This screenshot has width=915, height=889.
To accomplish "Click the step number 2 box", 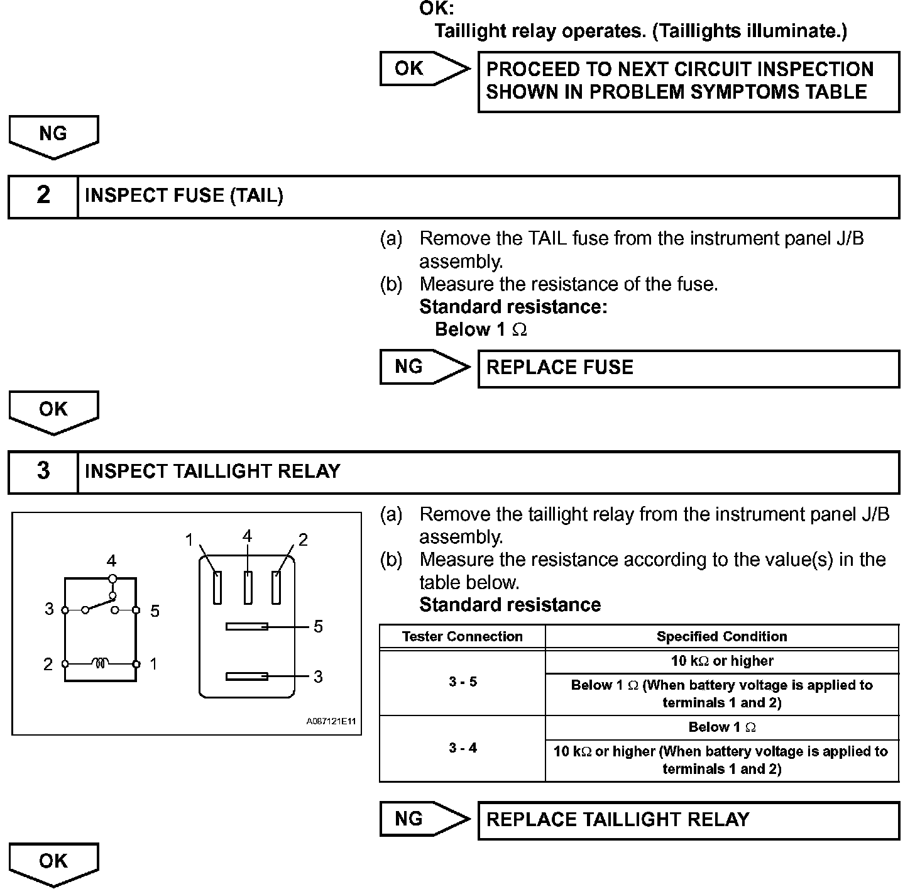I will click(x=43, y=196).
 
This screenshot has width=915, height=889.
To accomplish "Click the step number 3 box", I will click(x=43, y=472).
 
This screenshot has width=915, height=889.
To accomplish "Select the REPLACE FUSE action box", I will click(x=688, y=368).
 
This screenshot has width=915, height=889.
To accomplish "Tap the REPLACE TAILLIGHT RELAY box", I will click(x=688, y=820).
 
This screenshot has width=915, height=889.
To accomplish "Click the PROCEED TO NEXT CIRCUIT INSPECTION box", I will click(x=688, y=81).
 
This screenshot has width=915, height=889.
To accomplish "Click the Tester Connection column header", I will click(x=463, y=636).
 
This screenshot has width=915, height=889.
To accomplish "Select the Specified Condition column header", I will click(x=721, y=636).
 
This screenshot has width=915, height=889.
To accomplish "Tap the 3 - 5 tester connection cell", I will click(x=463, y=682).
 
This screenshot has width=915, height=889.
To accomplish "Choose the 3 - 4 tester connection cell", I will click(x=463, y=748).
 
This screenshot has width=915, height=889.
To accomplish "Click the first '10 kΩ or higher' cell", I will click(x=721, y=661).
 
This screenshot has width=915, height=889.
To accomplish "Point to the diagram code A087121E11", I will click(x=331, y=721).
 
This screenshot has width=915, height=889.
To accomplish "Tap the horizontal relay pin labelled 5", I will click(x=247, y=626).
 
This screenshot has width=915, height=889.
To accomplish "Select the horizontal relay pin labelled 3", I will click(x=247, y=676).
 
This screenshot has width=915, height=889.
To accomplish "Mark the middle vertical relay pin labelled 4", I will click(x=248, y=587).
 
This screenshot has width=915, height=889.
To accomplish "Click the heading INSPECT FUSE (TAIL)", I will click(x=184, y=196).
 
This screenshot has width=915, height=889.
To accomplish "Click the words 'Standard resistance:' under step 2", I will click(x=513, y=307).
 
